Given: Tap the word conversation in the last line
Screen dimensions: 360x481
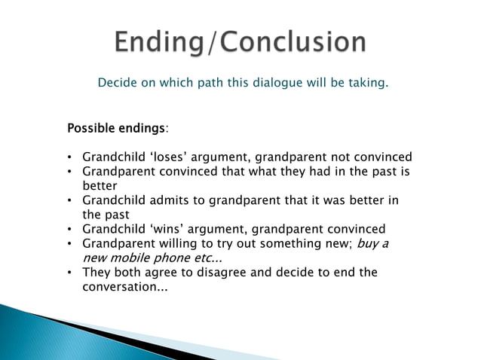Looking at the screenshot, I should click(x=117, y=286).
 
